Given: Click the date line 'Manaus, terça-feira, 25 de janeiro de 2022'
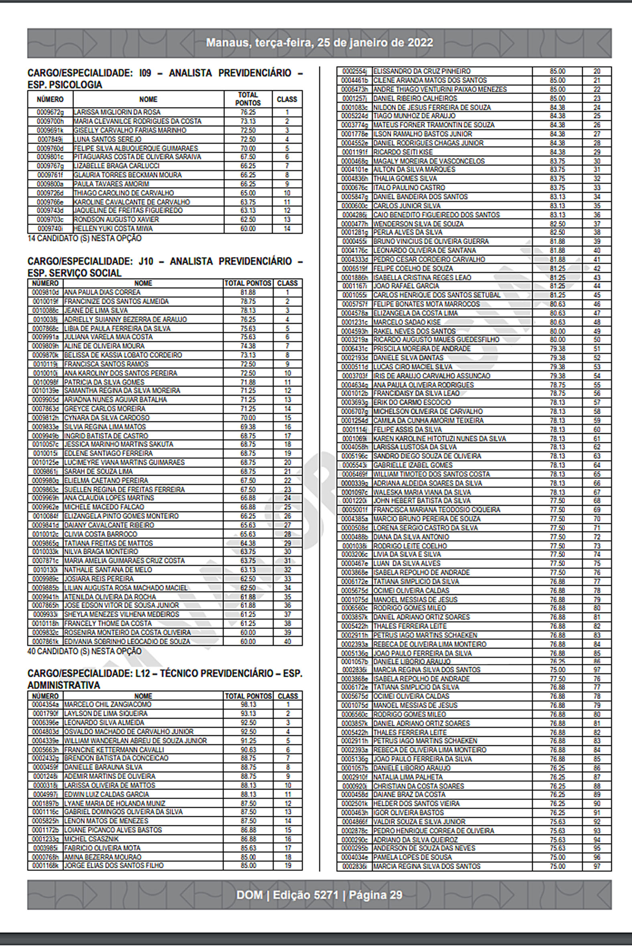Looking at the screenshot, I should pyautogui.click(x=319, y=43).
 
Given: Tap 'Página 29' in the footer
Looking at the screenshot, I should pyautogui.click(x=376, y=895).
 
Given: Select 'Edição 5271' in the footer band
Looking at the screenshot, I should pyautogui.click(x=305, y=895).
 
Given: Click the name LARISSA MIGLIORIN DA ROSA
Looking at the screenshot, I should pyautogui.click(x=117, y=112).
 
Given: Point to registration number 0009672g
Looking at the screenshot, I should pyautogui.click(x=50, y=112).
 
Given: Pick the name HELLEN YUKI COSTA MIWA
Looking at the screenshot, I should pyautogui.click(x=113, y=228).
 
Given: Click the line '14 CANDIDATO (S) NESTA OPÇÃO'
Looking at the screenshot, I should pyautogui.click(x=85, y=238).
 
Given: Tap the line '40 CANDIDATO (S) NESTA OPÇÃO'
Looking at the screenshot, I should pyautogui.click(x=85, y=651).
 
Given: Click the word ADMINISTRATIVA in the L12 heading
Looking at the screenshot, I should pyautogui.click(x=64, y=685).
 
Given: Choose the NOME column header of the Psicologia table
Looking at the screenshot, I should pyautogui.click(x=148, y=99).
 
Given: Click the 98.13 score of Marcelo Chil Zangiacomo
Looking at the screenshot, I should pyautogui.click(x=248, y=704).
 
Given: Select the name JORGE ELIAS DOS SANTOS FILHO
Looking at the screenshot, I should pyautogui.click(x=114, y=865).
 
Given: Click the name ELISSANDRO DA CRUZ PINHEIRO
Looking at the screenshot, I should pyautogui.click(x=422, y=71).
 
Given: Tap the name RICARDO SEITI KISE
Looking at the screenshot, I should pyautogui.click(x=402, y=152).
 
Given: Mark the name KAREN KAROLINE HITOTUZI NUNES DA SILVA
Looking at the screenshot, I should pyautogui.click(x=439, y=439).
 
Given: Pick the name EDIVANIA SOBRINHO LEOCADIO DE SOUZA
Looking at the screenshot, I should pyautogui.click(x=127, y=641).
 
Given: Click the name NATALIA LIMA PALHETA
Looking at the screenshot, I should pyautogui.click(x=408, y=777).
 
